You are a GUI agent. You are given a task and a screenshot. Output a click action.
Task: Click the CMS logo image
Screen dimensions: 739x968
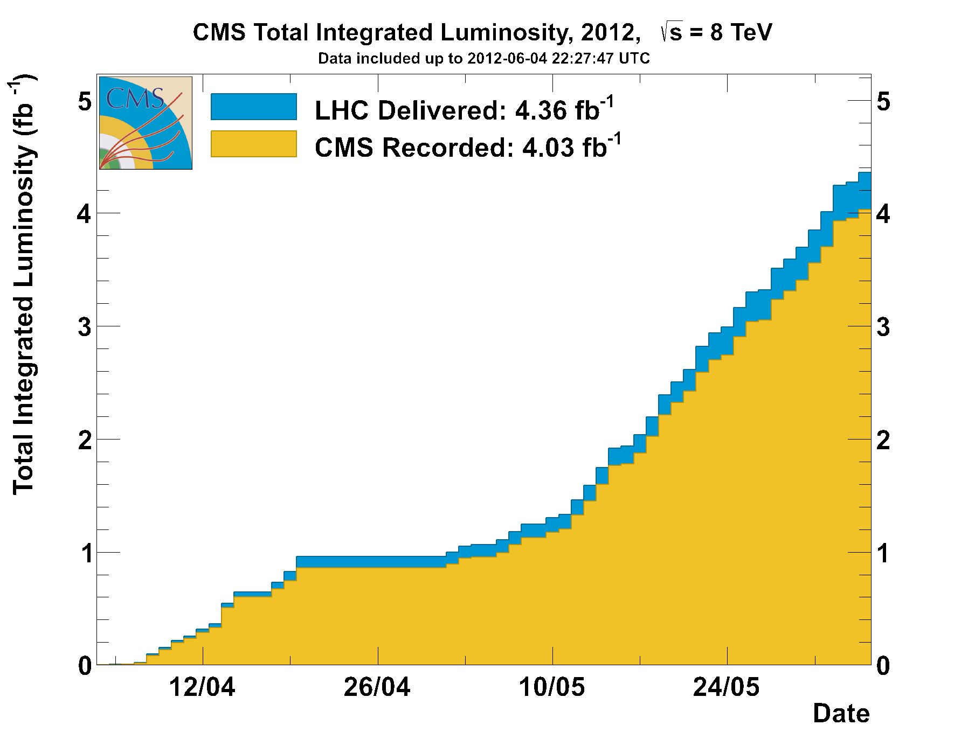146,123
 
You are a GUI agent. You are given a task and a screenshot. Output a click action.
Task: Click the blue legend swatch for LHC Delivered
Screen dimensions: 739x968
253,107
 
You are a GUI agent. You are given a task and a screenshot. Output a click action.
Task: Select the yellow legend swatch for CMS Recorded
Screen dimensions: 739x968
253,144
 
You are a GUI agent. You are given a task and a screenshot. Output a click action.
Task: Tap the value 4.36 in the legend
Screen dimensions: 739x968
541,111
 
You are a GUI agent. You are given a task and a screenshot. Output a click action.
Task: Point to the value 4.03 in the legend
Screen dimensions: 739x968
548,148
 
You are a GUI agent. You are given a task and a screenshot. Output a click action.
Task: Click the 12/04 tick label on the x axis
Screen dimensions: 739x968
203,688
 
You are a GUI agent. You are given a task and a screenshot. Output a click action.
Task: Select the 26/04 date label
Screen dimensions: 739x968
377,688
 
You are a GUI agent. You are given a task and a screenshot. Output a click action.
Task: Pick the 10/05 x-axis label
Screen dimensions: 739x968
552,688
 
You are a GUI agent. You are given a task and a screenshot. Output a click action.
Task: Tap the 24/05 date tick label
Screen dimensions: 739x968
727,688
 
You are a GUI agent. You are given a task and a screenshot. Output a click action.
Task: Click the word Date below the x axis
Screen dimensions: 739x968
841,714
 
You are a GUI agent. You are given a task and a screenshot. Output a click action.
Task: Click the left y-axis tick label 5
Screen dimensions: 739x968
85,101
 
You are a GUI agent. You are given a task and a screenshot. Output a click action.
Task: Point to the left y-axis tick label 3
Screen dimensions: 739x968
85,327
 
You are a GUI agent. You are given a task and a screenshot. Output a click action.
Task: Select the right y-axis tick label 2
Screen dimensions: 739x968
883,440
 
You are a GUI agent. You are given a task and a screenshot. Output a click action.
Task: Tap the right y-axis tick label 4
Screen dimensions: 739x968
883,214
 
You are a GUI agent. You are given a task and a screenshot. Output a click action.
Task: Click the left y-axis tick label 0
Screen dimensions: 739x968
85,666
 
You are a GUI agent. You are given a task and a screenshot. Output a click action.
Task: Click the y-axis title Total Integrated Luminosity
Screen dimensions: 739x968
24,285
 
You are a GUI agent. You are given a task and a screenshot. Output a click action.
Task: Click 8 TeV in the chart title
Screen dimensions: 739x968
741,32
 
